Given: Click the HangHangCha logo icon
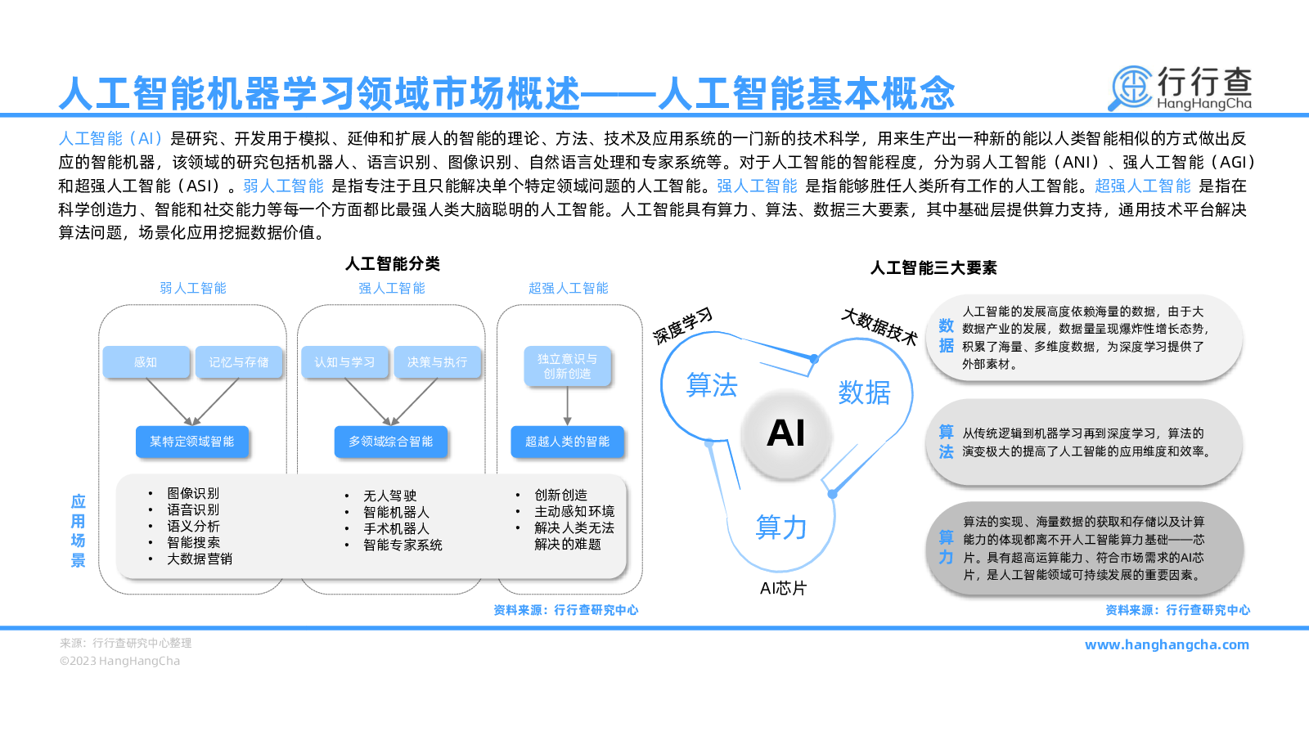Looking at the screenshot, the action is click(x=1131, y=88).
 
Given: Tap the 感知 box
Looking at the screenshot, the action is click(x=146, y=362).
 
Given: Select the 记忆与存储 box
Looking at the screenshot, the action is click(x=239, y=362).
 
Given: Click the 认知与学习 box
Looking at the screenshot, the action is click(x=344, y=362).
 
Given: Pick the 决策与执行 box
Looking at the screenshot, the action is click(x=438, y=362).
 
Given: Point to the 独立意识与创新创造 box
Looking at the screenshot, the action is click(x=568, y=366).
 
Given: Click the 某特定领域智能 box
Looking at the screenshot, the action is click(x=192, y=442).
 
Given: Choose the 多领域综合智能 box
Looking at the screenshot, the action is click(x=391, y=442).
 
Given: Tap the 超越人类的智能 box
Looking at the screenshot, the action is click(x=568, y=442).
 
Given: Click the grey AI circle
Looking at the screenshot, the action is click(x=786, y=433).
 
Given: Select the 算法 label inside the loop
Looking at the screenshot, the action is click(x=712, y=385).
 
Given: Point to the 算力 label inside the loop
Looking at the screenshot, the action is click(x=781, y=527).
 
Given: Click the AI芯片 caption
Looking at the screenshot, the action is click(x=783, y=588).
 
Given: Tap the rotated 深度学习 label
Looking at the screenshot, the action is click(x=683, y=326).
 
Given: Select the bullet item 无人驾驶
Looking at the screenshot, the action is click(x=389, y=496).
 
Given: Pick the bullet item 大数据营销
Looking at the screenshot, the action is click(x=200, y=559).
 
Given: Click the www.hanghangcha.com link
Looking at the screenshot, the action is click(x=1167, y=645).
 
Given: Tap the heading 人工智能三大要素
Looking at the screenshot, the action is click(x=933, y=268).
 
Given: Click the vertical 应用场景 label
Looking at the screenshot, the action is click(x=79, y=531).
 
